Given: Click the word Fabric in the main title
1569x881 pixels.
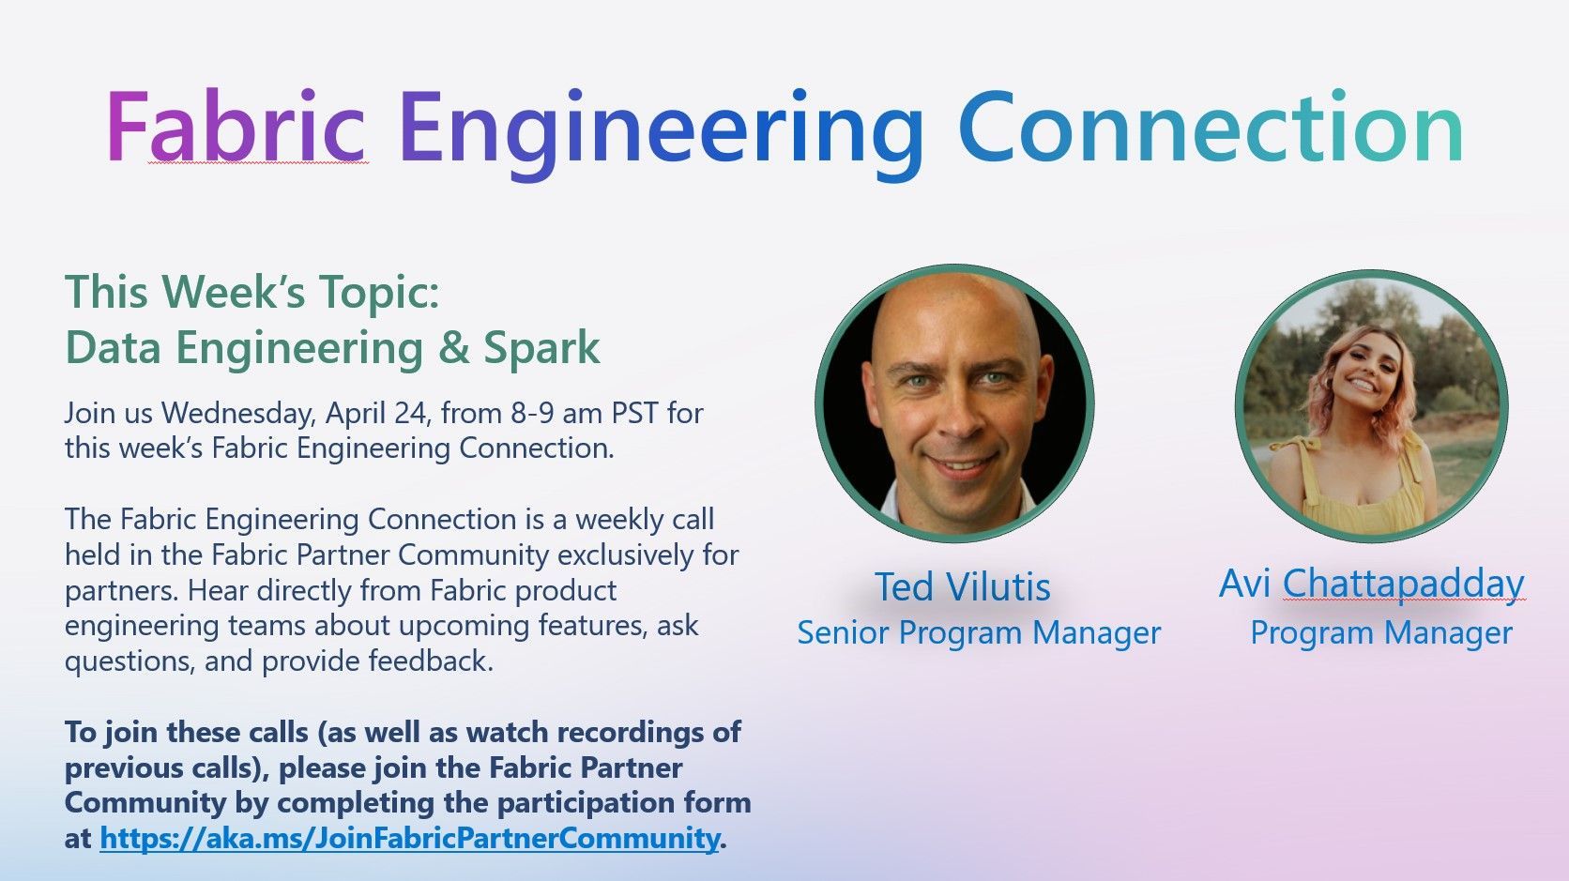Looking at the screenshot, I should (x=236, y=128).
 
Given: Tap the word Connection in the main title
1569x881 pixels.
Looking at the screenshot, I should (x=1211, y=128).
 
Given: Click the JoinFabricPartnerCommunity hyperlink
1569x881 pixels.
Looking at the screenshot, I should (x=409, y=838).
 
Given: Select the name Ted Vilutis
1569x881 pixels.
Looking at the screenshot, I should (x=962, y=587).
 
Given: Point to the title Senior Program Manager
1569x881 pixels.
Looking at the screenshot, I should (x=979, y=633).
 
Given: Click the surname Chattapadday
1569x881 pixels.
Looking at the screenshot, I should (x=1403, y=584).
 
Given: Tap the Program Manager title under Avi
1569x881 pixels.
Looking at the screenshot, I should (x=1380, y=633).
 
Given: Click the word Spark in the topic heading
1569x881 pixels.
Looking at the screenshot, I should (x=541, y=349).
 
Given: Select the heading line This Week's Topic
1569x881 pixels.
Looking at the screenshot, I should (x=251, y=292).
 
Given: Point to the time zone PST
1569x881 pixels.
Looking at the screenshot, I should (x=636, y=413).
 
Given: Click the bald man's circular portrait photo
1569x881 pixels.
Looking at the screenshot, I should (x=955, y=403).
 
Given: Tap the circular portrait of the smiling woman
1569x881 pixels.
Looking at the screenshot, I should (x=1371, y=405).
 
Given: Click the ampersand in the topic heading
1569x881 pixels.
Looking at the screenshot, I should (x=453, y=348).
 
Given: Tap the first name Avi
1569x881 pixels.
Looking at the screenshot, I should (x=1244, y=584).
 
